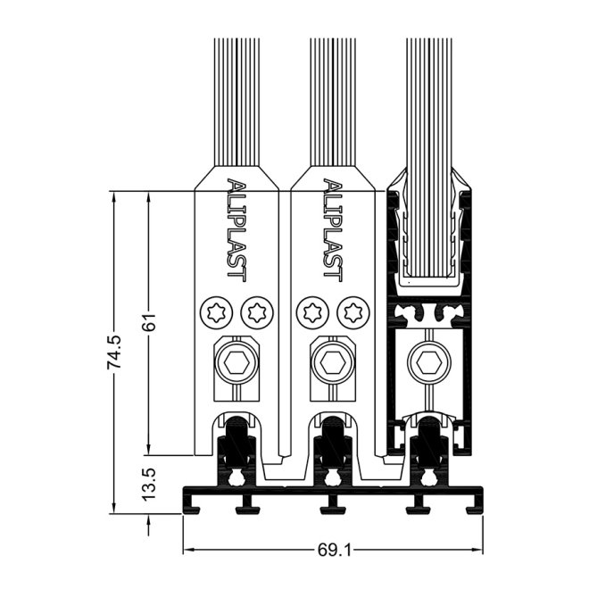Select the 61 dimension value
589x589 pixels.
point(151,322)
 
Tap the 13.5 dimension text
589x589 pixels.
point(150,485)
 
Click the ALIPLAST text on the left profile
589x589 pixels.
point(236,228)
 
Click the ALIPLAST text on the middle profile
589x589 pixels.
point(332,228)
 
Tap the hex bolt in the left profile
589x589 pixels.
point(236,363)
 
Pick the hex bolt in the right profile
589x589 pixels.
point(427,363)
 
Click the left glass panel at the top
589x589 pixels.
point(236,98)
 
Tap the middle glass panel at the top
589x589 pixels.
point(333,98)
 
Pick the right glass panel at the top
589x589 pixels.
point(427,98)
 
